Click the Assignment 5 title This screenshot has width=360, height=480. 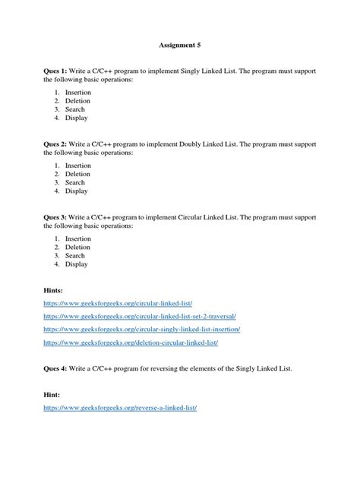pos(180,45)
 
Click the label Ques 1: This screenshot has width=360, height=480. pos(58,71)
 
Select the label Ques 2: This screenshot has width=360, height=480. pos(58,144)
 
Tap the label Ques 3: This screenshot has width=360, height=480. pos(58,216)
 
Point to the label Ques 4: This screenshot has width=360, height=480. pos(58,368)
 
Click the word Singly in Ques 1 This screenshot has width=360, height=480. pos(216,71)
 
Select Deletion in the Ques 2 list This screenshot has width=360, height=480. pos(77,174)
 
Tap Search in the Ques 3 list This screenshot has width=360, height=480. pos(75,256)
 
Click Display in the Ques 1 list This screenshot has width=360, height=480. pos(76,118)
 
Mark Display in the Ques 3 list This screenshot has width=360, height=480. pos(76,265)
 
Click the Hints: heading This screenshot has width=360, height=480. pos(55,290)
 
